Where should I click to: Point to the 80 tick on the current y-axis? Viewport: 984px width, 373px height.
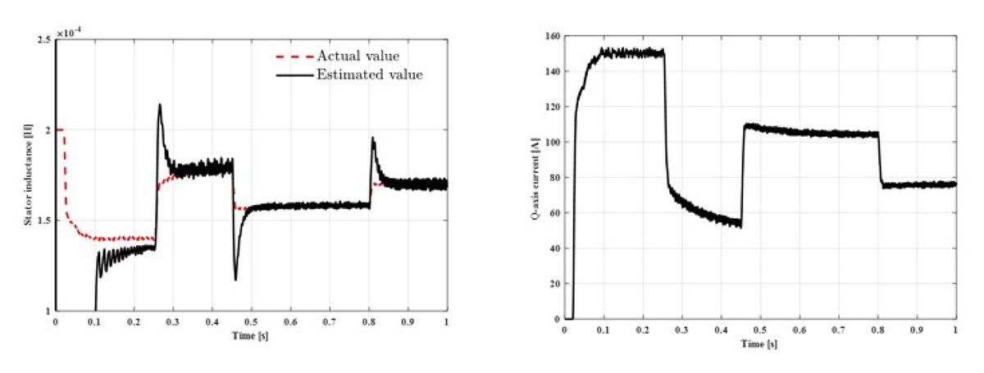[551, 178]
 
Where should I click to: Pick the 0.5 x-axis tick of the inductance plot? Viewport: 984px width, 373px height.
[251, 323]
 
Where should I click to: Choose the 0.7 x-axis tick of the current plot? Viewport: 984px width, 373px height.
[838, 329]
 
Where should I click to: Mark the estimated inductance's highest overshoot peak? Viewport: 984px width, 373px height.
[159, 104]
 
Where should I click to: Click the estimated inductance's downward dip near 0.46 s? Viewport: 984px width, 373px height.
[236, 280]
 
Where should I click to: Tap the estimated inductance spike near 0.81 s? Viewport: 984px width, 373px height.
[373, 138]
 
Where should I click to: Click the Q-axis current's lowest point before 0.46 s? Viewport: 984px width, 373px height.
[740, 226]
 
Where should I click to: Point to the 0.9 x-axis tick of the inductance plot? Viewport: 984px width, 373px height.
[408, 323]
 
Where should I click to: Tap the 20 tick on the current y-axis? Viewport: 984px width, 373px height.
[551, 284]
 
